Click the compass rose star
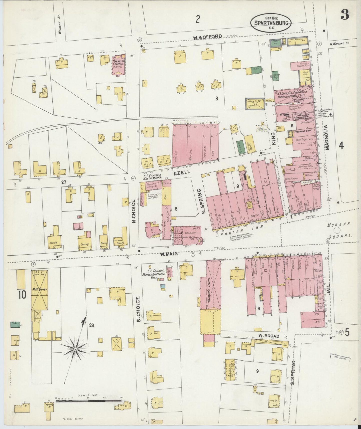pyautogui.click(x=75, y=349)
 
